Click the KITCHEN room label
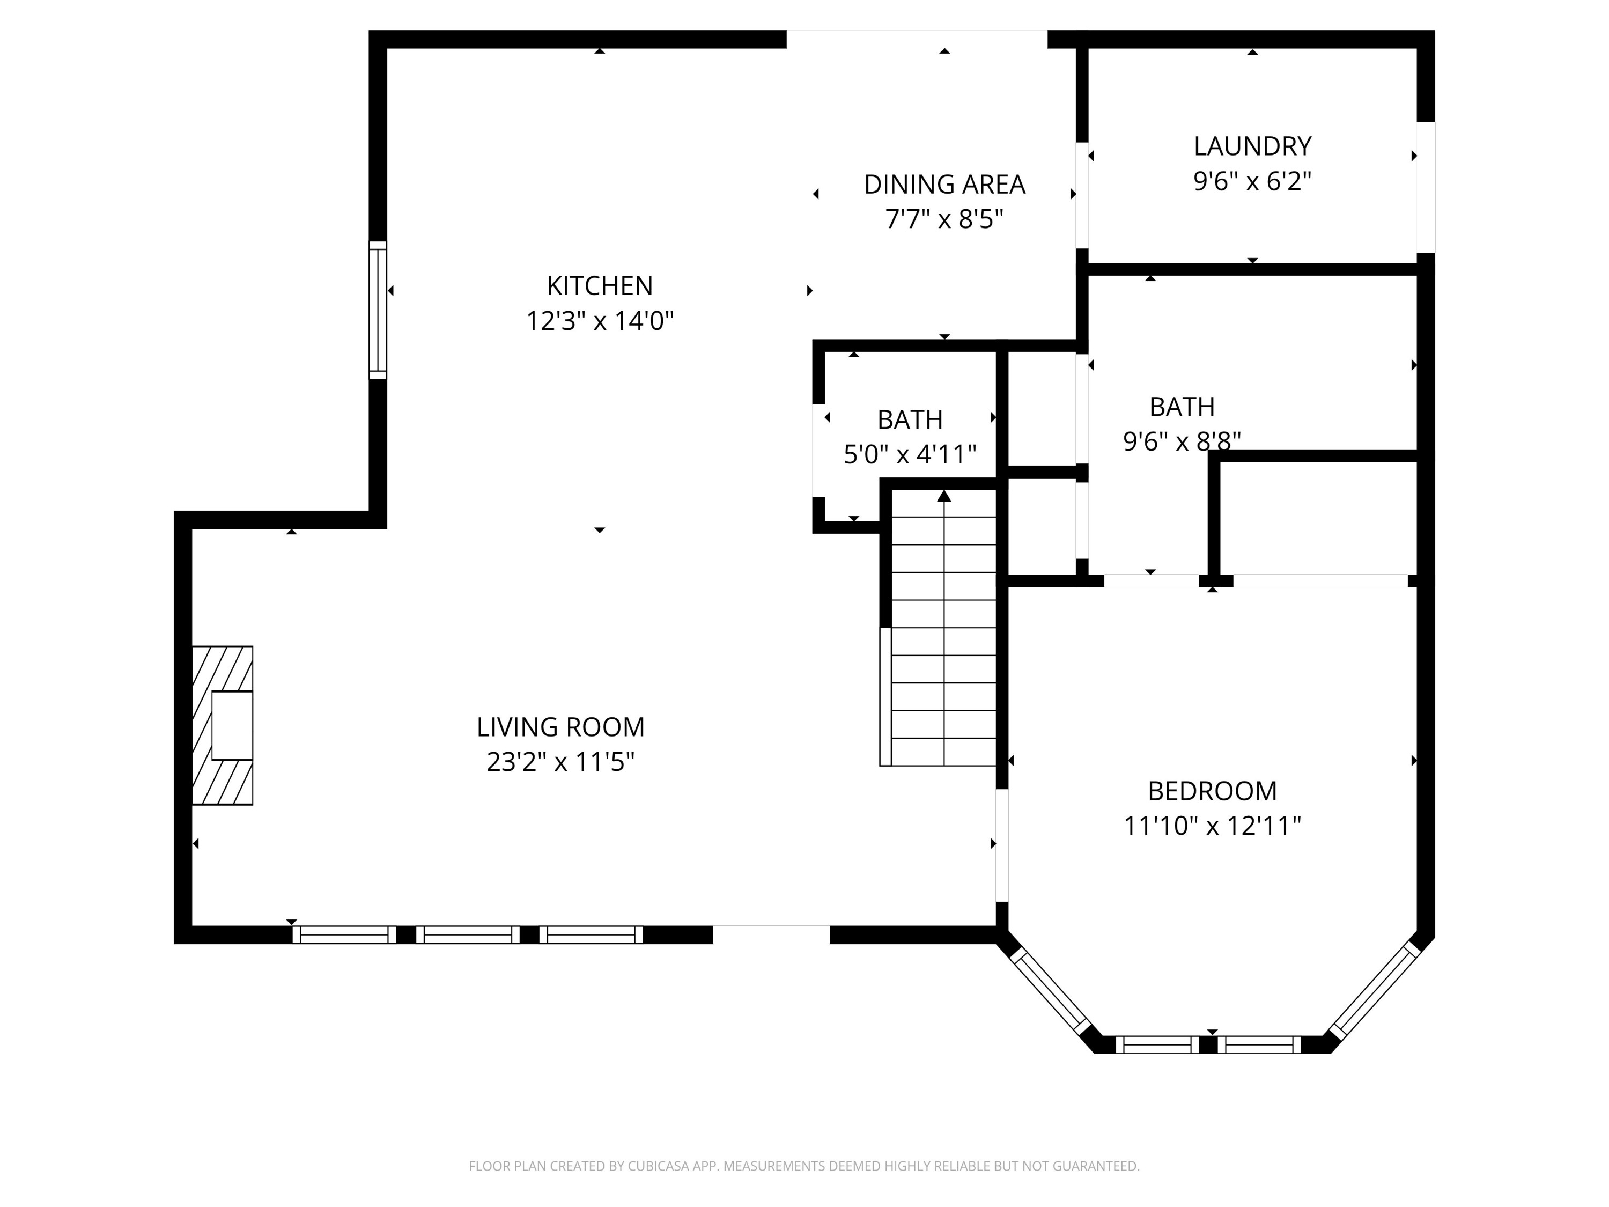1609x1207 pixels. pyautogui.click(x=600, y=286)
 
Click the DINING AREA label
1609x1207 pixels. pyautogui.click(x=944, y=185)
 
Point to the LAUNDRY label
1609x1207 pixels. pyautogui.click(x=1252, y=146)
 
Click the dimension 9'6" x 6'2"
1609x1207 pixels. pyautogui.click(x=1252, y=181)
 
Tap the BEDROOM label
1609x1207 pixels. pyautogui.click(x=1212, y=791)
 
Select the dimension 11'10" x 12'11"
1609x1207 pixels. pyautogui.click(x=1212, y=826)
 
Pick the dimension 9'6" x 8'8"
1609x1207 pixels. pyautogui.click(x=1182, y=441)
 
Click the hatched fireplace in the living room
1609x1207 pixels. pyautogui.click(x=222, y=725)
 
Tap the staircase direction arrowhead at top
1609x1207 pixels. pyautogui.click(x=944, y=496)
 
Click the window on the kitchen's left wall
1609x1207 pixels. pyautogui.click(x=378, y=310)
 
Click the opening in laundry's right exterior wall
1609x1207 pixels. pyautogui.click(x=1426, y=187)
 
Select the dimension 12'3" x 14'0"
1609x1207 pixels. pyautogui.click(x=600, y=321)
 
